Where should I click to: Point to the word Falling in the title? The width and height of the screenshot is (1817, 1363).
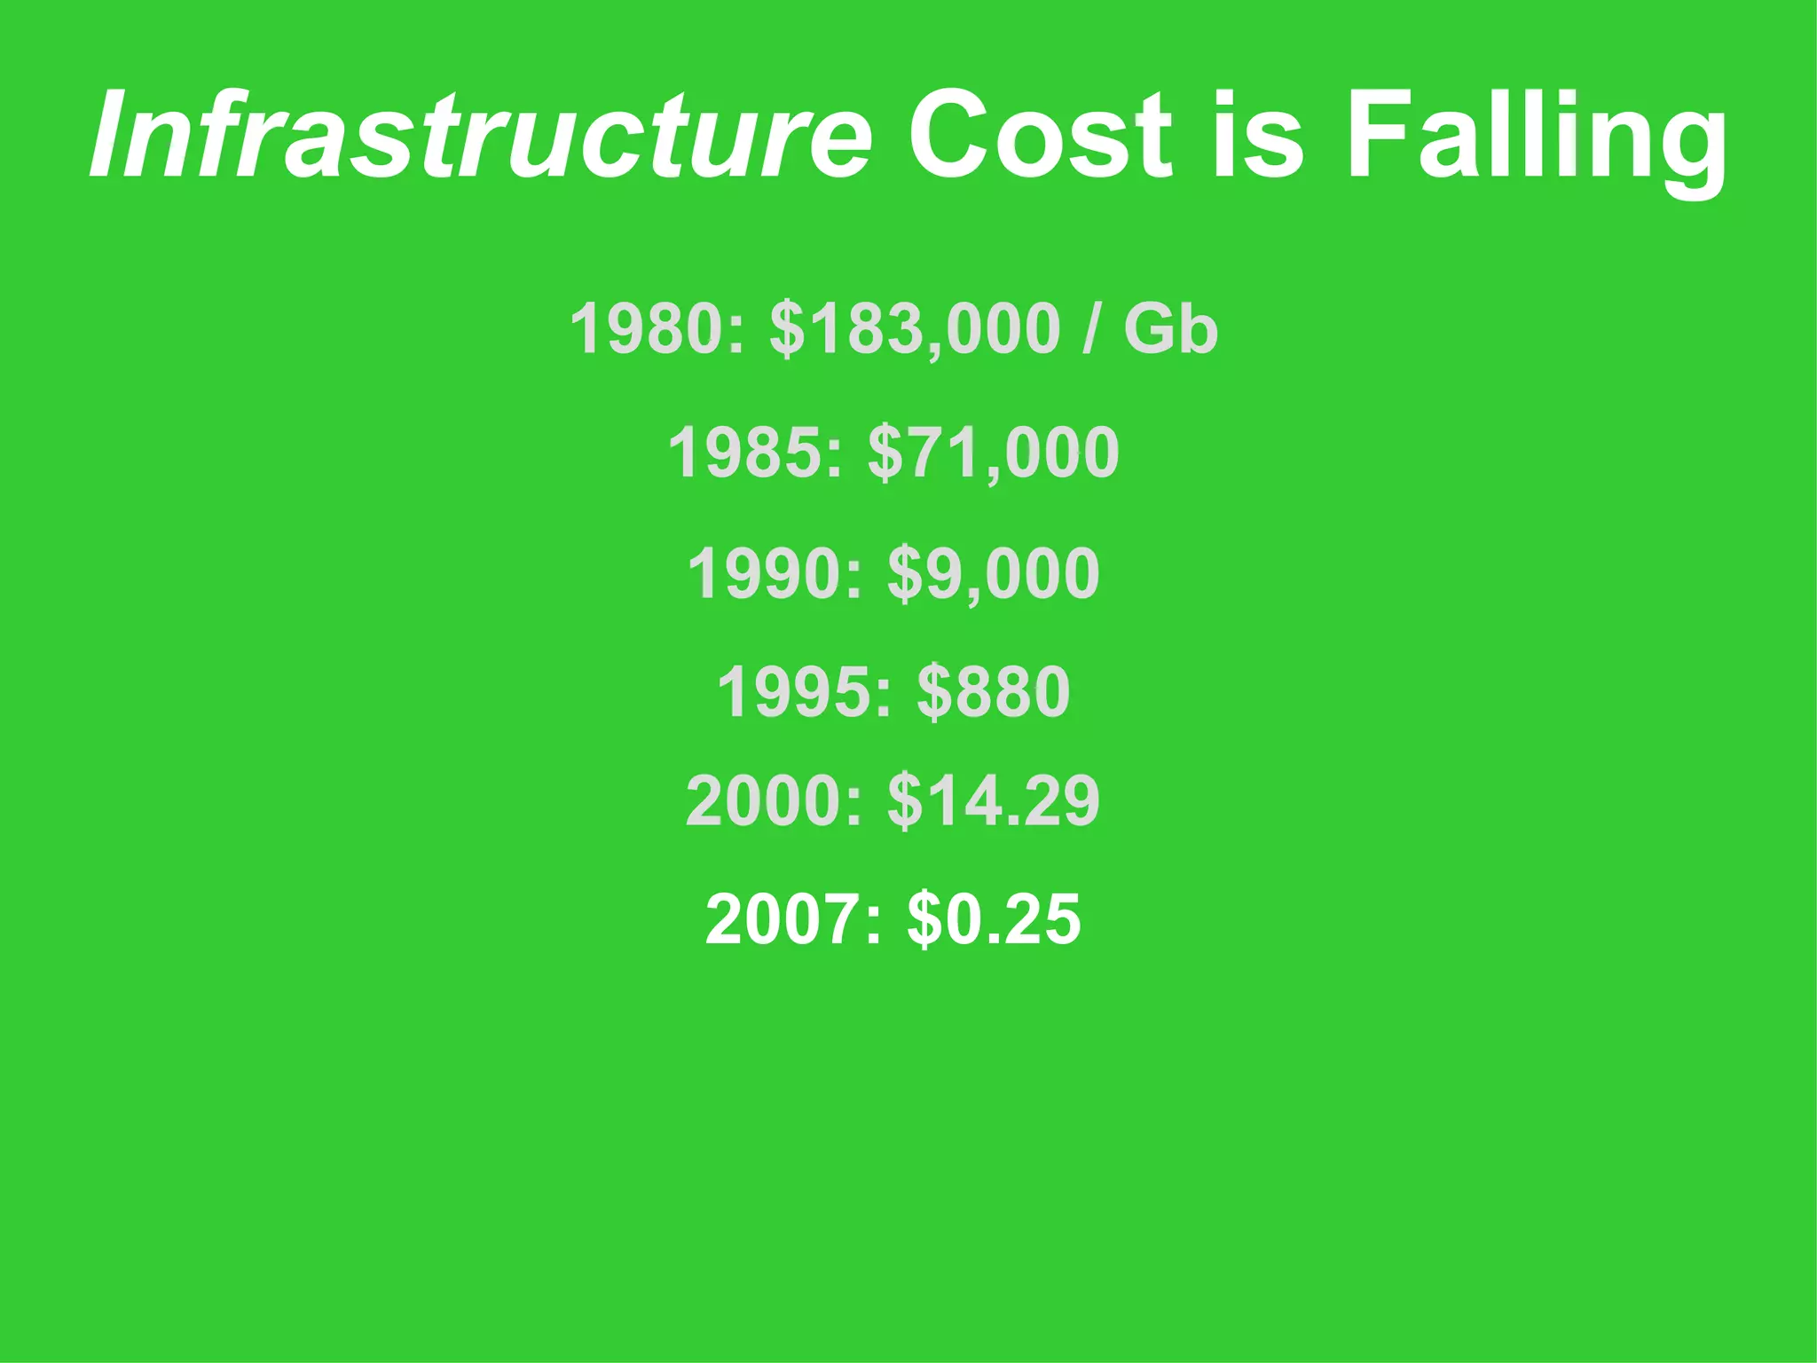pyautogui.click(x=1536, y=138)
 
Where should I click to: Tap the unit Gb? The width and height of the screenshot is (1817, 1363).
pyautogui.click(x=1170, y=328)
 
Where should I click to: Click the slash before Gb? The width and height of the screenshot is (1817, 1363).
pyautogui.click(x=1090, y=328)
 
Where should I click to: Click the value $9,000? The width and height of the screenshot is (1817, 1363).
pyautogui.click(x=994, y=575)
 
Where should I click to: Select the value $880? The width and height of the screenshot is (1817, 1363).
pyautogui.click(x=994, y=692)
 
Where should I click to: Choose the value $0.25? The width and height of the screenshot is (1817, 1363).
pyautogui.click(x=994, y=920)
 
